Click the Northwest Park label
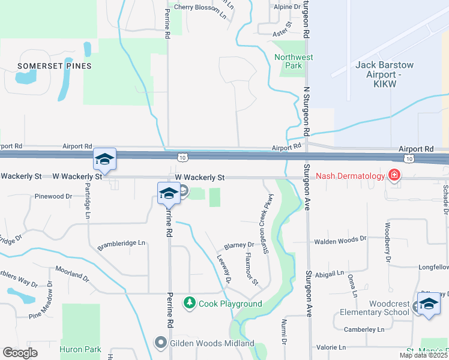point(294,61)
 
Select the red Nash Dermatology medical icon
point(394,176)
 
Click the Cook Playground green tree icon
point(190,303)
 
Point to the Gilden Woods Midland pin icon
point(160,343)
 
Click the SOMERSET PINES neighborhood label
point(55,65)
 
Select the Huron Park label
point(79,349)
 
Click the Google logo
point(20,353)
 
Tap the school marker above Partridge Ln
point(104,160)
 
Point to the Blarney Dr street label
point(239,245)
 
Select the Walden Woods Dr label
point(340,239)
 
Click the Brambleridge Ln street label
point(121,244)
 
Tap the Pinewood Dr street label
point(53,196)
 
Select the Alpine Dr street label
point(287,7)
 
